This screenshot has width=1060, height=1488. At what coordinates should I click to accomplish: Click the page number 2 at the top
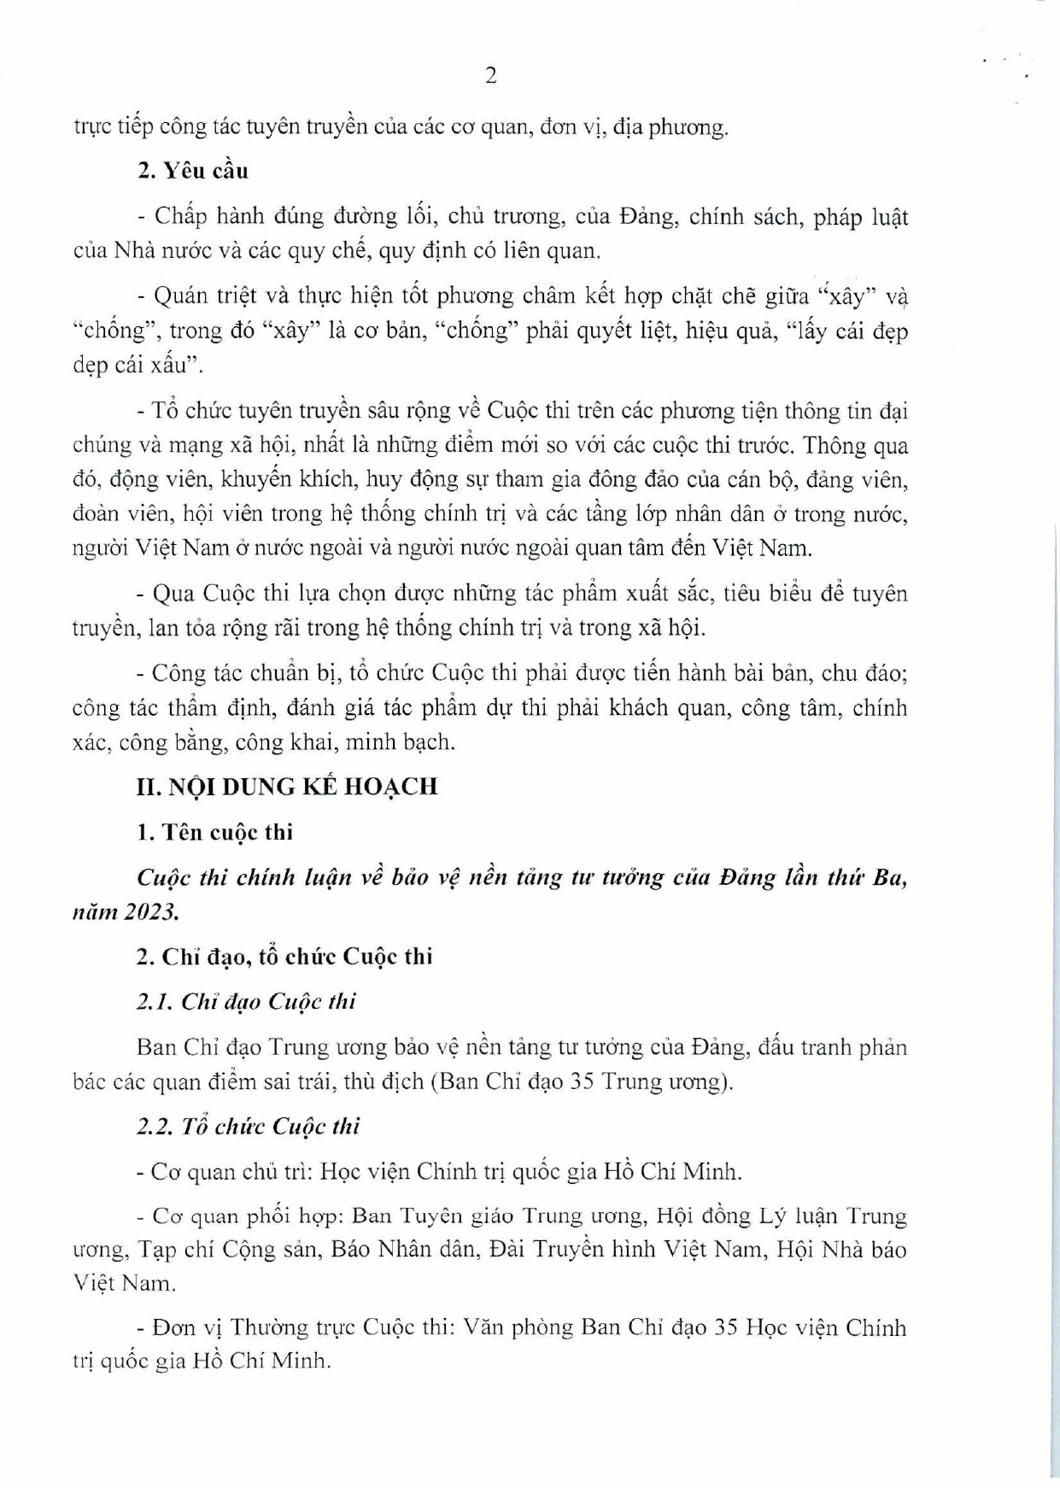point(490,76)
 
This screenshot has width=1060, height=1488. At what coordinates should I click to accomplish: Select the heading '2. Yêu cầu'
point(192,171)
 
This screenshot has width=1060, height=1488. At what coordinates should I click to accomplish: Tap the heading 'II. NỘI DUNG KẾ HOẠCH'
point(287,786)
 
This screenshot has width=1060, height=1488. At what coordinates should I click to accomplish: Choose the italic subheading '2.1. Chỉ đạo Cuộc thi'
point(246,1001)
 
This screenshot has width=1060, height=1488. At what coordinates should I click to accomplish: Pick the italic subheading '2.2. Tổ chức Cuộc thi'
point(248,1126)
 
